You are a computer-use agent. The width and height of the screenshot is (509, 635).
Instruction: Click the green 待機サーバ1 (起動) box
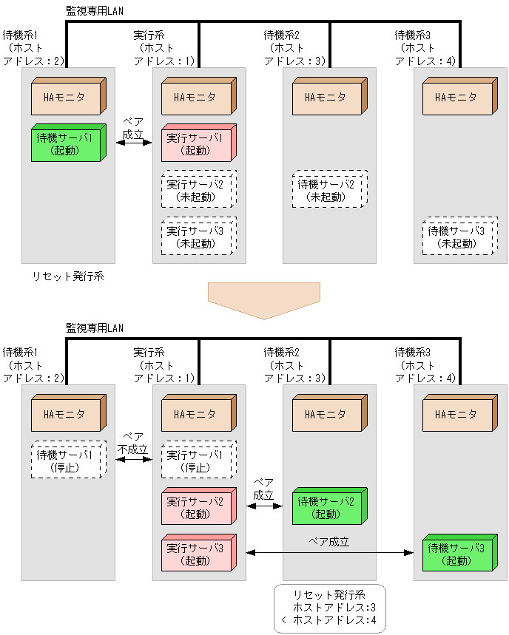(66, 143)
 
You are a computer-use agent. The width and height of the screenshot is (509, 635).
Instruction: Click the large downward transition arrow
(264, 299)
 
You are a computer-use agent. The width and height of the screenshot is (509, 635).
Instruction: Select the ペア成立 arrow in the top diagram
(133, 143)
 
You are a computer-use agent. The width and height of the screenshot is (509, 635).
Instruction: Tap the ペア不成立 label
(133, 444)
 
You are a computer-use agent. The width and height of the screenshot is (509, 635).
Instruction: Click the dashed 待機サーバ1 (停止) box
(66, 460)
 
